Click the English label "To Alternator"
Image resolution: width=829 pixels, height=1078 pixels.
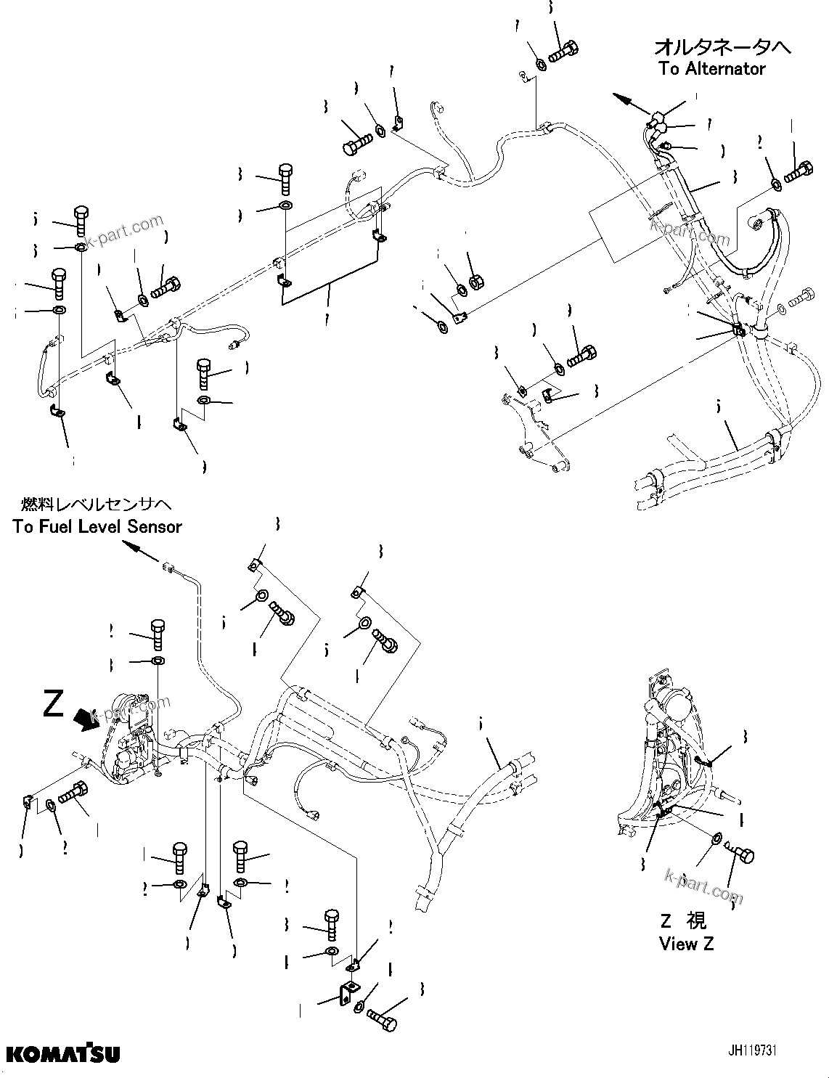[711, 69]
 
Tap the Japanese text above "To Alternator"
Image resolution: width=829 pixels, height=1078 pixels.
[722, 47]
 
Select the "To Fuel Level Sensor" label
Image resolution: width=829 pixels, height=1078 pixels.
[97, 526]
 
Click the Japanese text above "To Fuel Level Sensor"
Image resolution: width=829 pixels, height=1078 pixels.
[97, 504]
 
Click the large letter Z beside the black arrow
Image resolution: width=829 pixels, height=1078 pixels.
[53, 703]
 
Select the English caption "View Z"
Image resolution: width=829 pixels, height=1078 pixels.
[686, 944]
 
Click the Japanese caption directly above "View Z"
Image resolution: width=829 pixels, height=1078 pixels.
[683, 920]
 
